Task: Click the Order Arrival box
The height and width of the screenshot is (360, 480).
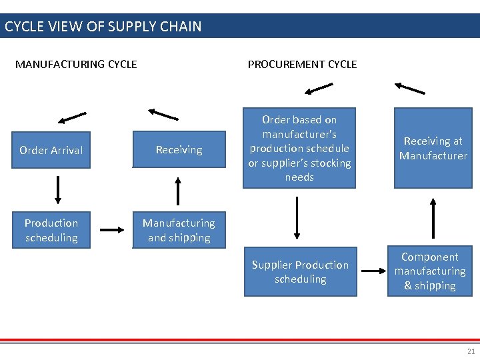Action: pos(51,150)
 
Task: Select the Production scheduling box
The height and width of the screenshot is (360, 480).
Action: pos(51,230)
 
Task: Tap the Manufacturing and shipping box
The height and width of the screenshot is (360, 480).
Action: pos(179,230)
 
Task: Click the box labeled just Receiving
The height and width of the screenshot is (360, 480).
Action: pos(179,150)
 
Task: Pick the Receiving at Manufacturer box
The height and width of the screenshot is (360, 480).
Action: pos(433,148)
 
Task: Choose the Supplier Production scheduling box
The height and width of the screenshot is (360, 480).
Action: pos(300,272)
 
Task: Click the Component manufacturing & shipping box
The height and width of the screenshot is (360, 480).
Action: pos(430,271)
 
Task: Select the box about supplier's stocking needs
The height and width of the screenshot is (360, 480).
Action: pos(299,148)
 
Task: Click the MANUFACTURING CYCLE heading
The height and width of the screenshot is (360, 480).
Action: pos(76,65)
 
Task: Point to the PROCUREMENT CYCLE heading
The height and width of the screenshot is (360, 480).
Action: pos(302,65)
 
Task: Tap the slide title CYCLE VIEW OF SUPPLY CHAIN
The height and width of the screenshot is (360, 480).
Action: pos(103,27)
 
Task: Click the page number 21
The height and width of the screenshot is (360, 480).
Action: pos(471,351)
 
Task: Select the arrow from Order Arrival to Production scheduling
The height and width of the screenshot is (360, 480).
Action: pos(58,189)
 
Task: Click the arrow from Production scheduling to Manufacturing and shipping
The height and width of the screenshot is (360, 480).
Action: pos(112,230)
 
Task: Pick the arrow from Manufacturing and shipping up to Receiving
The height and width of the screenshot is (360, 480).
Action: pos(178,191)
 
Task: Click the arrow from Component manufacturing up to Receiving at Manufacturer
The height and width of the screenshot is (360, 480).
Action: pos(433,217)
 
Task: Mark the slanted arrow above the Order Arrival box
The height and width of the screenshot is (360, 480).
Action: pos(72,118)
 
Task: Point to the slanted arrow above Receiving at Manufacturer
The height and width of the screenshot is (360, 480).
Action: pos(409,88)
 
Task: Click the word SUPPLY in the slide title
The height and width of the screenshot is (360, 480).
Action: pos(135,27)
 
